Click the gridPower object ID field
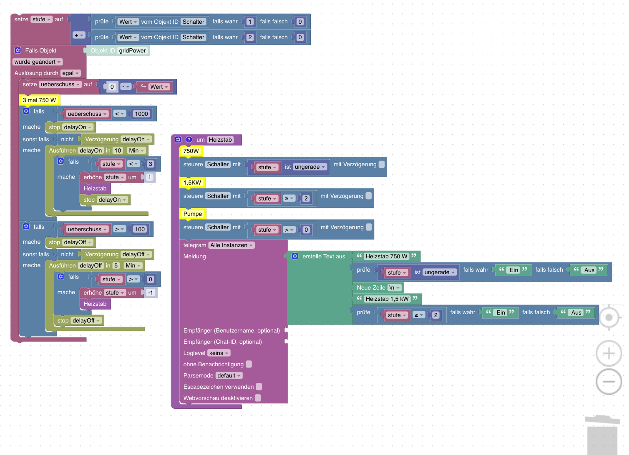point(132,50)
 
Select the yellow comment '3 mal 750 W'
point(39,100)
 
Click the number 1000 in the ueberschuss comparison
point(141,114)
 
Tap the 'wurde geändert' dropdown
point(38,62)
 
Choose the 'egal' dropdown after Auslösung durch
point(70,73)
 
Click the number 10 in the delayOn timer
point(118,151)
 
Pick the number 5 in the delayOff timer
point(116,266)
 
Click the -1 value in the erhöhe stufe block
point(151,293)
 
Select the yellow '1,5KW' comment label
point(192,182)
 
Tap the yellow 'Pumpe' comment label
point(193,214)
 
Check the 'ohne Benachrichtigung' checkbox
point(249,364)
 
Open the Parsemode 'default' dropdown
point(229,375)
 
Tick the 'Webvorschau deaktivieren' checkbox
point(258,398)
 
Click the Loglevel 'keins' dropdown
point(219,353)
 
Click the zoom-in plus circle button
point(609,353)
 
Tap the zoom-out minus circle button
point(609,382)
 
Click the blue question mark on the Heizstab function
point(189,140)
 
